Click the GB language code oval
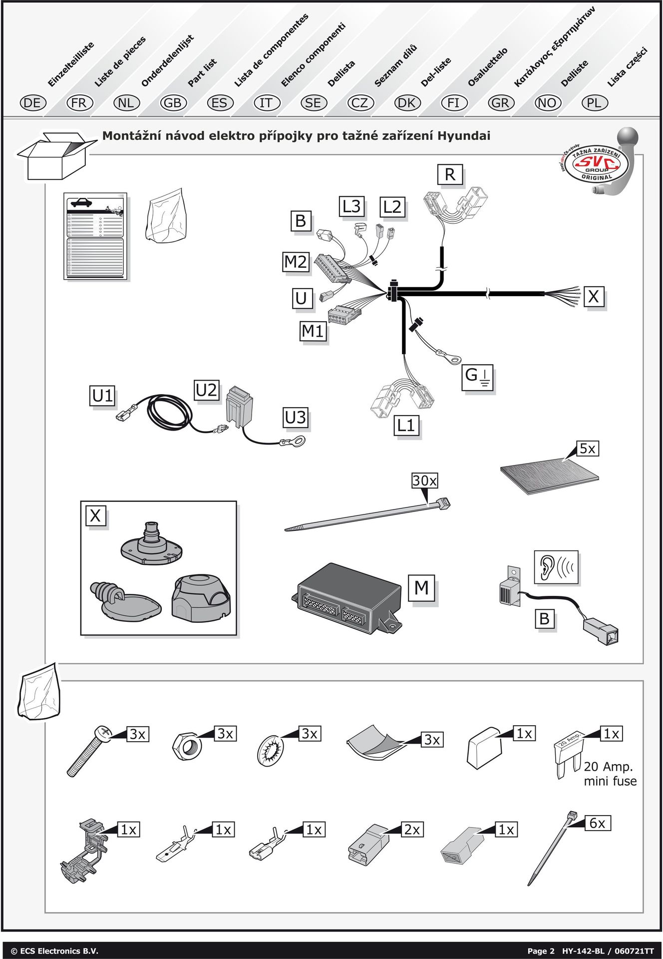173,103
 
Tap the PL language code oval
595,103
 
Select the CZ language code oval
360,103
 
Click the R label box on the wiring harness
450,174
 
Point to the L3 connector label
351,206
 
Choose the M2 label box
296,261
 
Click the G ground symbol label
478,376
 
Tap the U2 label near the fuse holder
207,390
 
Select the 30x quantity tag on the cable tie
424,480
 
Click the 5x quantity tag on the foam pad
588,449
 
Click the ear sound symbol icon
556,567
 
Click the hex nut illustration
187,747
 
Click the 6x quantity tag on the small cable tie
597,823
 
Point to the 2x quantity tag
412,830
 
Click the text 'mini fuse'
610,781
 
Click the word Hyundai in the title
464,136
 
